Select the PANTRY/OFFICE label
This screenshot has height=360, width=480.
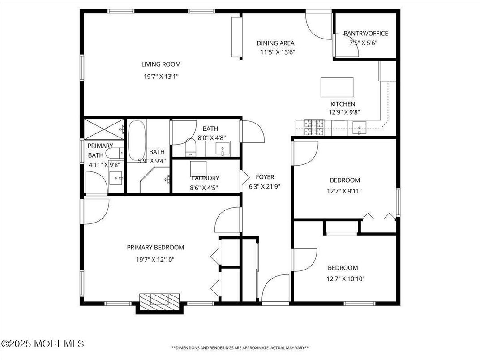[365, 33]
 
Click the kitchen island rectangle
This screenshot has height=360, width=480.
[337, 87]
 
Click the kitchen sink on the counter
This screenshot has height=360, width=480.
[360, 128]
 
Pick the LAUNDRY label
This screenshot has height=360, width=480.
[205, 178]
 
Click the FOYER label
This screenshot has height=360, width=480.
[265, 177]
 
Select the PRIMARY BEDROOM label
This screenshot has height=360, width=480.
[155, 247]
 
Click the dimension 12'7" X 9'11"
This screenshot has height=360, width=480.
[345, 191]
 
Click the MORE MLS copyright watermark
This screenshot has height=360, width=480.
[43, 344]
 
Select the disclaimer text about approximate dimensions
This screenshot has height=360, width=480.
[240, 347]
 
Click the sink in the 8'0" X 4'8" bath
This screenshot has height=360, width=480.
[222, 148]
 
